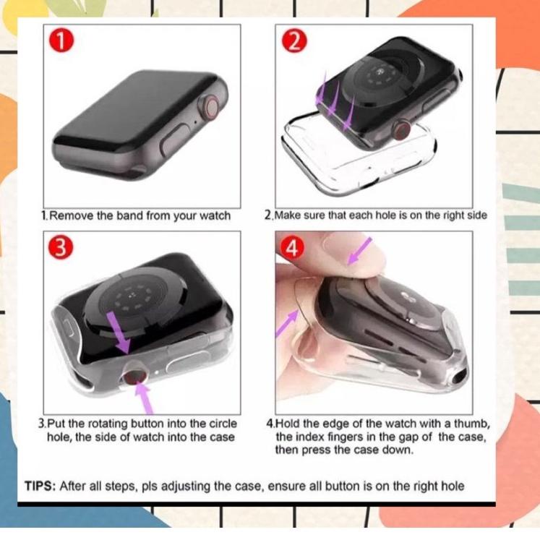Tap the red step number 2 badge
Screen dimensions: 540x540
(x=293, y=41)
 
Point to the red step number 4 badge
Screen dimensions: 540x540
(x=292, y=248)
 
